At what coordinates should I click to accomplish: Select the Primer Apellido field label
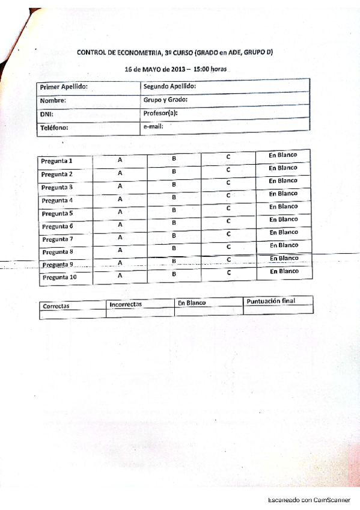click(64, 87)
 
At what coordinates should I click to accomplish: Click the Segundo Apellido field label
click(170, 86)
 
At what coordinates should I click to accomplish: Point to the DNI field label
click(46, 114)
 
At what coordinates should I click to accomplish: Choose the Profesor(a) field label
click(161, 112)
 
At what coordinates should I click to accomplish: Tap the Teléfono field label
click(55, 127)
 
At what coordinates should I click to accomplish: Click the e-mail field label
click(153, 126)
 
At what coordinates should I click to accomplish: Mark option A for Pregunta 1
click(120, 160)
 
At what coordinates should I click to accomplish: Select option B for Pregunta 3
click(174, 184)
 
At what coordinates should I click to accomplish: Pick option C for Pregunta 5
click(228, 207)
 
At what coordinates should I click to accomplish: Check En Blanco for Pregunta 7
click(284, 232)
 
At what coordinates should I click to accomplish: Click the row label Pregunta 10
click(59, 278)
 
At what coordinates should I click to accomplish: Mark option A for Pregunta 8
click(120, 250)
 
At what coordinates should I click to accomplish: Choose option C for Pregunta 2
click(228, 169)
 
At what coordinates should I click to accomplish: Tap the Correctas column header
click(56, 306)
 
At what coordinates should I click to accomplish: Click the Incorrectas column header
click(125, 304)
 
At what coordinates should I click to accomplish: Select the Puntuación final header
click(271, 301)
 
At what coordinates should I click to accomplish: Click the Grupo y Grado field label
click(166, 99)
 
